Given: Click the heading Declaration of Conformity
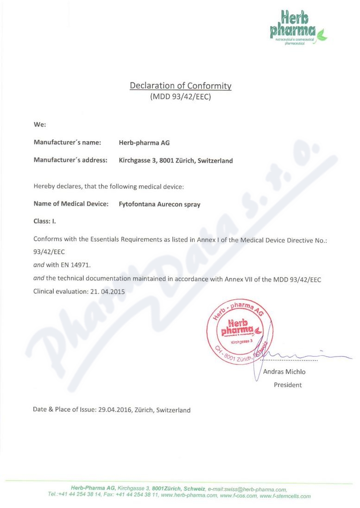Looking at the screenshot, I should pos(180,86).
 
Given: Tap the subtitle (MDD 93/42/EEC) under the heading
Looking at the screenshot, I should pos(180,97).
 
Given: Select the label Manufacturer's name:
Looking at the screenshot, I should pos(67,143).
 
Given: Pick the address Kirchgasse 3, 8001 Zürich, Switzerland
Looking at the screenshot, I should pos(176,161).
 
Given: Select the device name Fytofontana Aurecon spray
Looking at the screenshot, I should pos(159,204).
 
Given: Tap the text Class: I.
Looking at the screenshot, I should pos(45,221).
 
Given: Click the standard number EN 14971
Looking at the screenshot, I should pos(76,265).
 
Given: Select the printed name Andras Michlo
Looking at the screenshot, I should pos(284,371).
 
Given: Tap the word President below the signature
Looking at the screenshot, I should pos(288,385).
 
